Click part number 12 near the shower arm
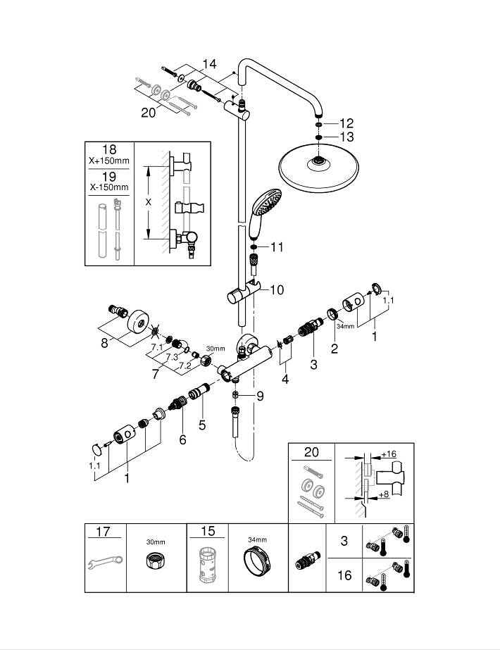[x=346, y=123]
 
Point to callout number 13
[x=346, y=137]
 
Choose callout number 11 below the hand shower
[x=276, y=247]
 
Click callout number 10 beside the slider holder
[x=276, y=289]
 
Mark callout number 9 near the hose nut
[x=260, y=396]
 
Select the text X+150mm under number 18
[x=109, y=161]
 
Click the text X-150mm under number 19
[x=109, y=187]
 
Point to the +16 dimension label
[x=389, y=454]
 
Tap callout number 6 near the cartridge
[x=182, y=439]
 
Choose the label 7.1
[x=157, y=347]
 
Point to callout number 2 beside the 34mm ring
[x=335, y=347]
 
